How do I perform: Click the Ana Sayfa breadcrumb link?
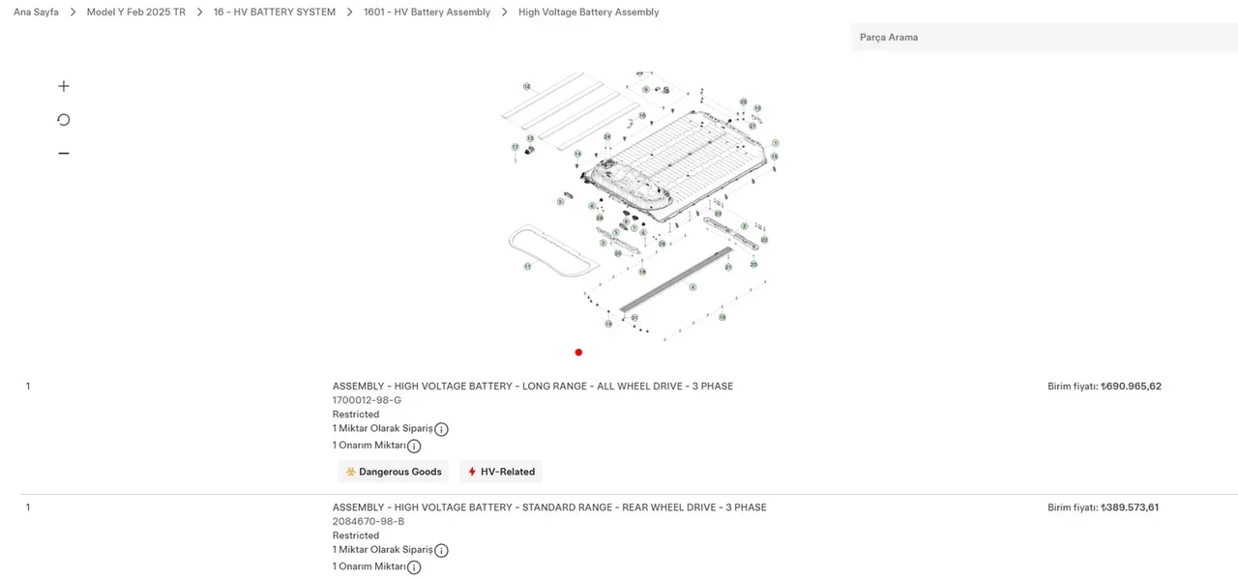(x=36, y=13)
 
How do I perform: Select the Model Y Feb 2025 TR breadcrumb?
(x=135, y=13)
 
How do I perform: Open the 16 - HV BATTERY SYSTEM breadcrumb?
(x=274, y=13)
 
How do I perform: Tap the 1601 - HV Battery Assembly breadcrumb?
(x=427, y=13)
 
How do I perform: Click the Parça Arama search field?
(x=1043, y=38)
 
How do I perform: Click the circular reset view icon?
(x=64, y=120)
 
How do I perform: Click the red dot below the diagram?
(x=578, y=353)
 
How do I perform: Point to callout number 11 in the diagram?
(x=527, y=266)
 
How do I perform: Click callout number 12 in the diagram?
(x=527, y=87)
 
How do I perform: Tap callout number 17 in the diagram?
(x=516, y=147)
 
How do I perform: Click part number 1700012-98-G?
(x=367, y=400)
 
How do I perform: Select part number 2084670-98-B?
(x=368, y=521)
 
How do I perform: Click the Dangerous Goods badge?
(x=393, y=472)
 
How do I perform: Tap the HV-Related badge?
(x=500, y=472)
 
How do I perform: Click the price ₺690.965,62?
(x=1131, y=387)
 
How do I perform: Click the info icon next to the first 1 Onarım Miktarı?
(x=414, y=447)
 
